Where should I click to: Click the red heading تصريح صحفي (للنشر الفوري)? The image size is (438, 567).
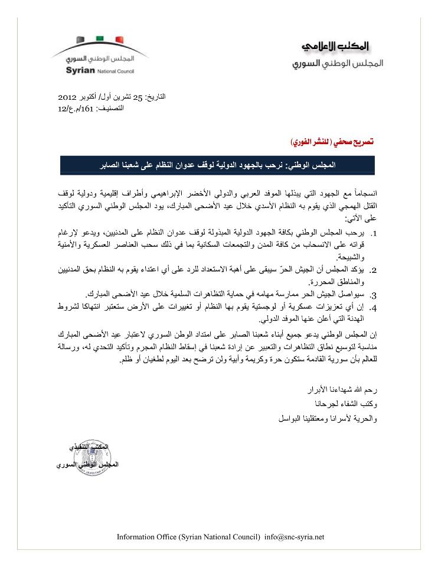(x=334, y=143)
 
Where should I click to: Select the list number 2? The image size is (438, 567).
(x=374, y=270)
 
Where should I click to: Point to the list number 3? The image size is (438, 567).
(x=374, y=294)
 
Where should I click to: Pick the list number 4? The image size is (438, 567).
(x=374, y=307)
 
